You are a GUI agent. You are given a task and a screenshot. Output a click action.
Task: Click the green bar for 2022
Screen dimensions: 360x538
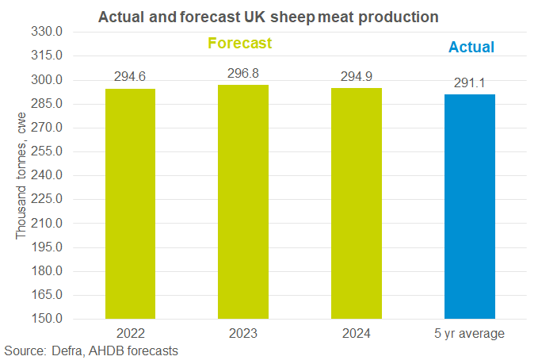(131, 204)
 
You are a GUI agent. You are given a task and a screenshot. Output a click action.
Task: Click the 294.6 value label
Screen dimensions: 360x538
(131, 77)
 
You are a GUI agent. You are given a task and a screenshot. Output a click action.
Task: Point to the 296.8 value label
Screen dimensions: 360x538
(243, 73)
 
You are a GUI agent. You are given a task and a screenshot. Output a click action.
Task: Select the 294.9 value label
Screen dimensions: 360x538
(357, 76)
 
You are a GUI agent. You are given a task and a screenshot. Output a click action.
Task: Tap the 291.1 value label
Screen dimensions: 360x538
(470, 82)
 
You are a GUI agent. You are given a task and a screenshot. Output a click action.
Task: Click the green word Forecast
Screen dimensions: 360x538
(240, 43)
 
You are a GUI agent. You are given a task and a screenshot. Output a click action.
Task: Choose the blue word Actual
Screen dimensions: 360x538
(471, 48)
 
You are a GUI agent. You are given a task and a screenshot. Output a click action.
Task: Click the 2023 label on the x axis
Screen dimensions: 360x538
(243, 333)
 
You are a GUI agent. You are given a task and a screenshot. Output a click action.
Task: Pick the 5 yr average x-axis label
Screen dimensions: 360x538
(470, 333)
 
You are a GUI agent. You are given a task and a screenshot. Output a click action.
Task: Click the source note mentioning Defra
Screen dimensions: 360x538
(91, 350)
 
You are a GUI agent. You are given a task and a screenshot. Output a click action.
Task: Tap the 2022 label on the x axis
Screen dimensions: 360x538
(131, 333)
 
